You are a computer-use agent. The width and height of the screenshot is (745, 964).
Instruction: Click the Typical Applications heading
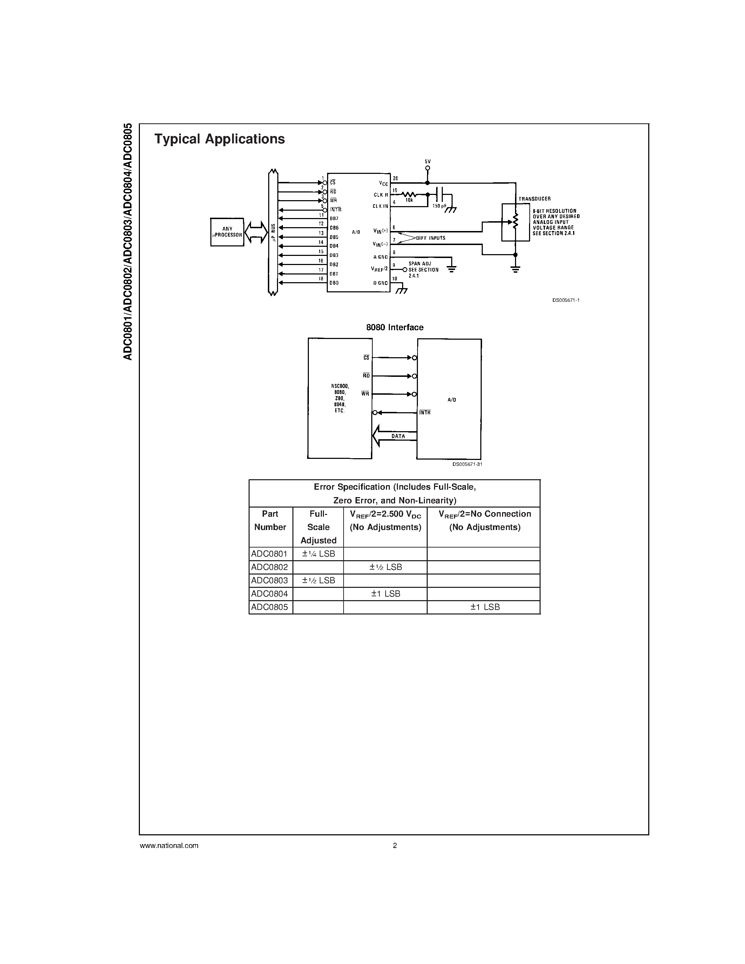219,139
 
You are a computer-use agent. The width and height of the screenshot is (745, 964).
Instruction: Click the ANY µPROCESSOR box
227,232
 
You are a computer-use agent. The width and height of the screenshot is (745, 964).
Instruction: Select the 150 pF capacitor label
440,206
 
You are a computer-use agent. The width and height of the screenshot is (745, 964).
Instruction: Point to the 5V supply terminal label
427,162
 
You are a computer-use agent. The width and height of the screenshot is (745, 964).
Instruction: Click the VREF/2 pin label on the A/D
379,269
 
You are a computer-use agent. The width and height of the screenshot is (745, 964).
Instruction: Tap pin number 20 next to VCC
395,178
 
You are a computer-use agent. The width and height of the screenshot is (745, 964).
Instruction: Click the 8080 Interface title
394,327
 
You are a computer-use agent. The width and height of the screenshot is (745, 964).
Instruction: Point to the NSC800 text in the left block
339,386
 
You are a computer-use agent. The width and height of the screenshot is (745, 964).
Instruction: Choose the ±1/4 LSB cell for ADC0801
318,554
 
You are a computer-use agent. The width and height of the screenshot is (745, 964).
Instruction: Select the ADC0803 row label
270,581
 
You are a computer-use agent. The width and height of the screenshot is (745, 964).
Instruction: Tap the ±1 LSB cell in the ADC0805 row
485,607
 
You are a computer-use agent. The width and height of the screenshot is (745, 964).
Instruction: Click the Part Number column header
270,521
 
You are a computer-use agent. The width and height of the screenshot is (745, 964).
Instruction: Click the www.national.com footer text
169,846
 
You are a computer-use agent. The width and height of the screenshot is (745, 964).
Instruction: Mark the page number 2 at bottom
394,846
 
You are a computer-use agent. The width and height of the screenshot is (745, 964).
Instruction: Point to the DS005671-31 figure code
467,464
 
